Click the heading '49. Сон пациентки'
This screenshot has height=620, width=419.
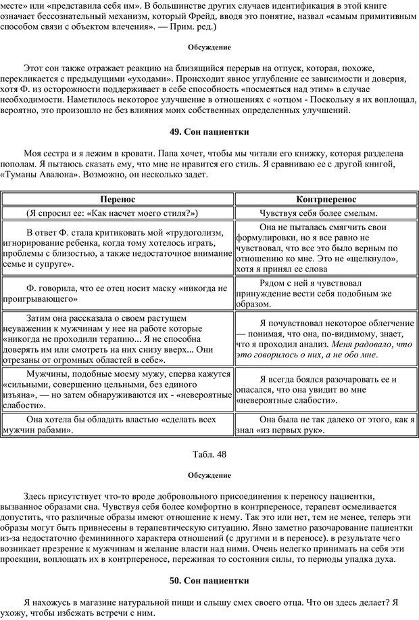pos(209,131)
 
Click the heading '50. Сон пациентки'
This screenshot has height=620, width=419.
pos(209,580)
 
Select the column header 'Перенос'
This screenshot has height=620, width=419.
pos(118,200)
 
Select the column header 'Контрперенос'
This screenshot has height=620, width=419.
pos(327,200)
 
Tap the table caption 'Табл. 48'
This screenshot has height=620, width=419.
pos(209,453)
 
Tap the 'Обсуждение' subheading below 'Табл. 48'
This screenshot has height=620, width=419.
pos(209,475)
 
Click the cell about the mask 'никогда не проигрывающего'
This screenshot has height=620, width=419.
pos(118,292)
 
